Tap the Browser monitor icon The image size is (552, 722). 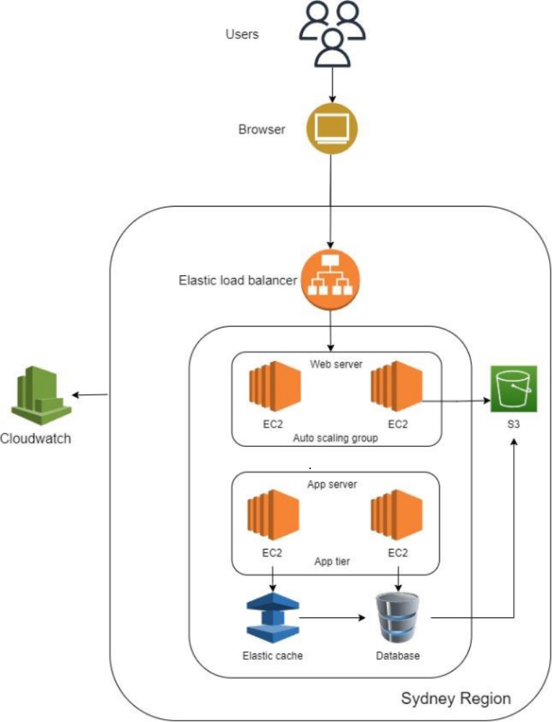tap(332, 129)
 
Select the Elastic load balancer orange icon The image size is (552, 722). tap(331, 280)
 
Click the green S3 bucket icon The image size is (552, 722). tap(513, 391)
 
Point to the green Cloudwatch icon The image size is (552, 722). tap(40, 394)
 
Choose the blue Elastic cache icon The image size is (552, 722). tap(272, 619)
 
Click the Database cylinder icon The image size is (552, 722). tap(398, 619)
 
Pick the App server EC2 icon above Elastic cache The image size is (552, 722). tap(273, 516)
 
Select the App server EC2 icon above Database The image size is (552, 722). tap(396, 516)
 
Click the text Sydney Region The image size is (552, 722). tap(455, 698)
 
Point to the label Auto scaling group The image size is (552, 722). tap(335, 438)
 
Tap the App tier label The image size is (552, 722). tap(333, 560)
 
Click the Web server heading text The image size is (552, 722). tap(336, 363)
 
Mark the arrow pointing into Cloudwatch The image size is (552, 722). tap(90, 395)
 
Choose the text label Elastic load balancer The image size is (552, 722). tap(237, 279)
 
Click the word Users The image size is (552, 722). tap(242, 34)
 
